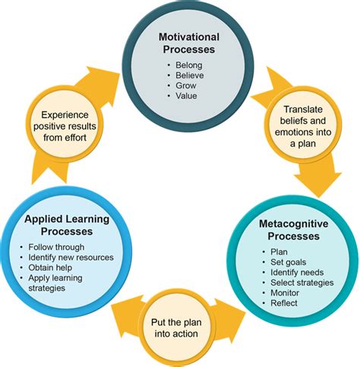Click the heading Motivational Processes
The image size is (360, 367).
coord(189,43)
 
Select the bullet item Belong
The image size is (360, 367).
coord(189,65)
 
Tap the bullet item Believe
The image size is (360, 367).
coord(190,75)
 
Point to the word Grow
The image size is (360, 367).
coord(186,86)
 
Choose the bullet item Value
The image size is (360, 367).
coord(186,96)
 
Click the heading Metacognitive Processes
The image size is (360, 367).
coord(294,230)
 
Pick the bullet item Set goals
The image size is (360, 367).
coord(288,262)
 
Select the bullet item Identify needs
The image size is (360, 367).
coord(297,272)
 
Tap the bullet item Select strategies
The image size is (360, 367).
coord(302,283)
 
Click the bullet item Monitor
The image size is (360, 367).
coord(285,293)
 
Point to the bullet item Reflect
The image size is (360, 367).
coord(284,303)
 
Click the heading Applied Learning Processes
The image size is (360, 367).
coord(67,225)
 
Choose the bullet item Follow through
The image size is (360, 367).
coord(56,247)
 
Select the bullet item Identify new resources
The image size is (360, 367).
coord(71,258)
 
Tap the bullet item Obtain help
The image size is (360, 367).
coord(50,267)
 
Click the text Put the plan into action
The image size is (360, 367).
coord(176,328)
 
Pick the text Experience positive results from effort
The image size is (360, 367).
coord(65,126)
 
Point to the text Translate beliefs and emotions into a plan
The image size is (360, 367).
coord(303,126)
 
